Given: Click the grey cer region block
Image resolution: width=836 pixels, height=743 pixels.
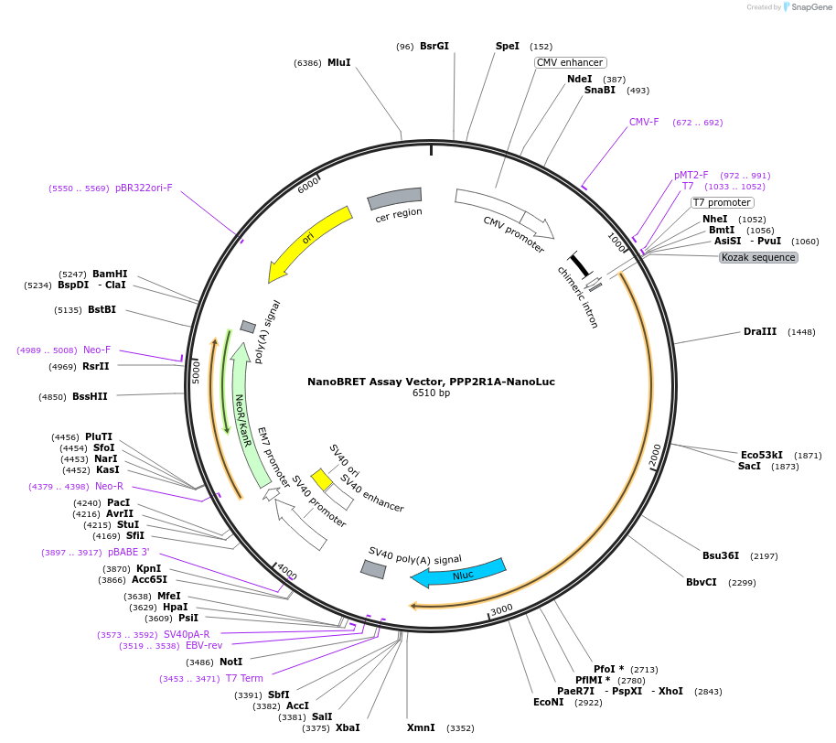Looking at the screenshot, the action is [394, 198].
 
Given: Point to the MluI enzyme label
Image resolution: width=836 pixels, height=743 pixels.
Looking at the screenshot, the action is [339, 62].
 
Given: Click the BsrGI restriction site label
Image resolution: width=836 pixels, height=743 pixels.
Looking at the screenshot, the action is [434, 46].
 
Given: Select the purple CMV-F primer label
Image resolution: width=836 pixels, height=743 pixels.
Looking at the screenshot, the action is [644, 122].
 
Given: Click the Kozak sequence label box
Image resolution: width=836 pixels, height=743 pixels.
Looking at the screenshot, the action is [758, 258].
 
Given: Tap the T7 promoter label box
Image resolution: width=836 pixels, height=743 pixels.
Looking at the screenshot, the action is [722, 203].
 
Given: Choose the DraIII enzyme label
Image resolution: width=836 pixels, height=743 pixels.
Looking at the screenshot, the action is [760, 332].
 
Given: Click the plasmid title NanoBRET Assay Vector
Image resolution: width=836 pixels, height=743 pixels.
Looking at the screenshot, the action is [431, 382].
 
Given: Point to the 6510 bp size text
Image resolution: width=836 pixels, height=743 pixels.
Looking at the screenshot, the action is [431, 393].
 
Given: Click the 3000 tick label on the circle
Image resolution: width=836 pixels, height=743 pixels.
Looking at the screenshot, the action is [501, 609].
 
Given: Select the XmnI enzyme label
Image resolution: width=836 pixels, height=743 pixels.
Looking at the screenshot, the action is [421, 727].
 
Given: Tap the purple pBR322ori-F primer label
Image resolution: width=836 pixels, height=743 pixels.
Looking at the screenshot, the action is [144, 188].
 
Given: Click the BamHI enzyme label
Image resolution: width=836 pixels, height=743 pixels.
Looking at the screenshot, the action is [110, 274].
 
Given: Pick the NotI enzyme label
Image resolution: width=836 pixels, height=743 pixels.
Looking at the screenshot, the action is [230, 662].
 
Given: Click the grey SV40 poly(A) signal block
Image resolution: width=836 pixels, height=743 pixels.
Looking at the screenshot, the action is [373, 569].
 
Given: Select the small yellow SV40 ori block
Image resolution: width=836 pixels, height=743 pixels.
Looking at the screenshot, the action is [321, 479].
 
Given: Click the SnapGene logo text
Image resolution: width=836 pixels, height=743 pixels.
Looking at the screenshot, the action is [811, 7].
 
